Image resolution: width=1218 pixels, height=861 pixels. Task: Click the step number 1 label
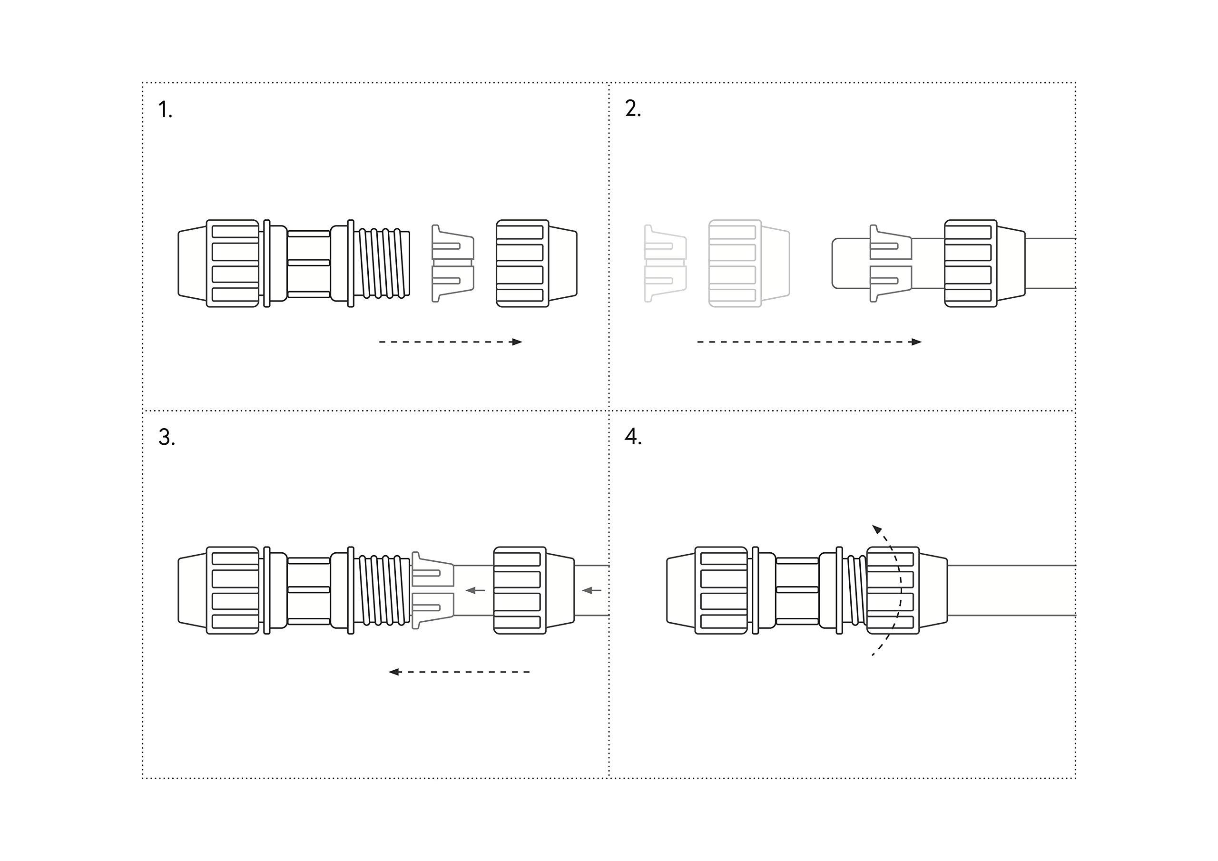pos(165,110)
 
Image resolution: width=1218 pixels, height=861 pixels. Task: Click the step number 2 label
pos(632,109)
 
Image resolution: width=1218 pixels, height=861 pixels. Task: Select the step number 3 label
pos(166,437)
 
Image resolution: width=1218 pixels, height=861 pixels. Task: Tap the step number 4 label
pos(632,437)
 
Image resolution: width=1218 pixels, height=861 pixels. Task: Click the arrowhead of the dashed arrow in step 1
pos(517,342)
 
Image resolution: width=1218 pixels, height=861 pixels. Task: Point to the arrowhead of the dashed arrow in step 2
pos(916,342)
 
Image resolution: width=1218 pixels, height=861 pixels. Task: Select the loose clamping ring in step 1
pos(452,263)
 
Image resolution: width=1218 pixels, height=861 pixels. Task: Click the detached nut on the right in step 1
pos(536,263)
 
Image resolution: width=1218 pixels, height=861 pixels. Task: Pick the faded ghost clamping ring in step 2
pos(665,263)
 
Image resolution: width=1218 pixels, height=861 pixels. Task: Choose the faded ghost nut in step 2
pos(748,263)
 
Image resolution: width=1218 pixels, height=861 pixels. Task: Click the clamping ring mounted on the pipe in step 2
pos(891,263)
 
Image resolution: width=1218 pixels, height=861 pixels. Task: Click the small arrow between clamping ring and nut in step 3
pos(475,590)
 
